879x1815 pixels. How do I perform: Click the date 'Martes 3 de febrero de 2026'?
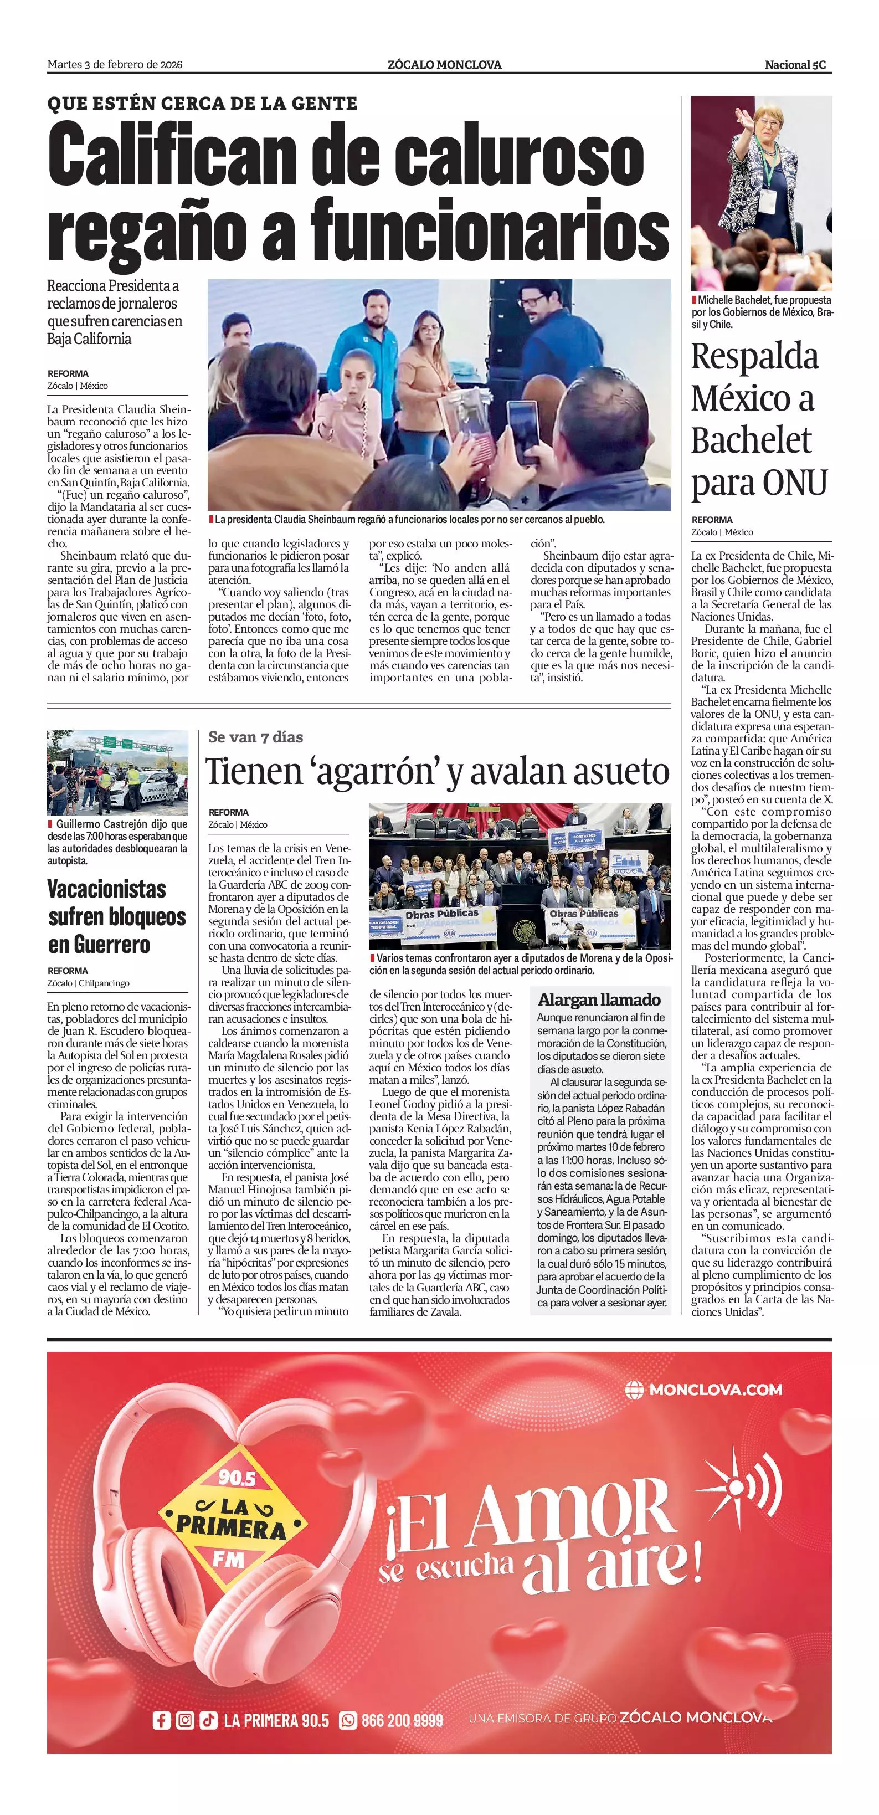coord(115,65)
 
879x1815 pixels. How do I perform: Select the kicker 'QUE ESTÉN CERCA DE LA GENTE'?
coord(202,104)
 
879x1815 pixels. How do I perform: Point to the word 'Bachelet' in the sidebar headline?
coord(752,441)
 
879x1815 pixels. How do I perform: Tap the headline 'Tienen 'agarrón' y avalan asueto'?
coord(436,772)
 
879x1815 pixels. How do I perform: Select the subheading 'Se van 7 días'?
coord(256,737)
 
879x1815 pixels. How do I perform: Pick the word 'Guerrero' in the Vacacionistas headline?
coord(99,944)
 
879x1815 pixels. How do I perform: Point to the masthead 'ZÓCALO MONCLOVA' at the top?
coord(444,65)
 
